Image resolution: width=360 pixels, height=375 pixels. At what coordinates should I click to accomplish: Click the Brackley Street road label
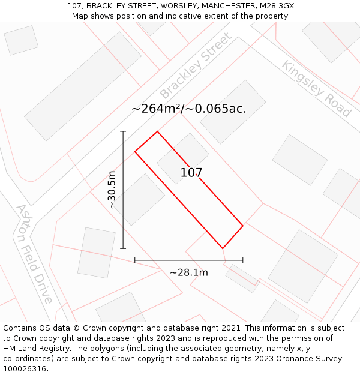(196, 66)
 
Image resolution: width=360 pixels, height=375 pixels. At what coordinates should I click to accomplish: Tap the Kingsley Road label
(316, 89)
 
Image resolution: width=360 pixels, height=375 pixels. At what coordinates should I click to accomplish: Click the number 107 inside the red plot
(191, 173)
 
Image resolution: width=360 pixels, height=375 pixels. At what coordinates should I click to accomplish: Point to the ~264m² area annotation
(188, 109)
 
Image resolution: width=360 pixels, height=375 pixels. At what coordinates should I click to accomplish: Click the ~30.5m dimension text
(112, 190)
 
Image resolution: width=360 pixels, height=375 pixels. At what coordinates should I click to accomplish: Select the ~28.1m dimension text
(189, 272)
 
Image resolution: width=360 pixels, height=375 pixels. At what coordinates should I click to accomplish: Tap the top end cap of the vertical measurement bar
(123, 131)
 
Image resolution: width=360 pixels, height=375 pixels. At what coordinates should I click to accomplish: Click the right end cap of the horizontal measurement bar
(243, 260)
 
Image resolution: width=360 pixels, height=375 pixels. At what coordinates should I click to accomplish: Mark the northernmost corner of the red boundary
(157, 131)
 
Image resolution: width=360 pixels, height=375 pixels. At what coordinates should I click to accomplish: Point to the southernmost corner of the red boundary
(223, 248)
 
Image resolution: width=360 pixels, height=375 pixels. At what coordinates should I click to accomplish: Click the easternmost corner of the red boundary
(243, 226)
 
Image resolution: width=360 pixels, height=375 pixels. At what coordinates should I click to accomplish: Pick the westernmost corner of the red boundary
(135, 152)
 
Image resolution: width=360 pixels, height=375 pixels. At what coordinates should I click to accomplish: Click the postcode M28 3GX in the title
(275, 6)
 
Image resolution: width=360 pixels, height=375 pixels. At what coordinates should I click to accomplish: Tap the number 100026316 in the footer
(24, 369)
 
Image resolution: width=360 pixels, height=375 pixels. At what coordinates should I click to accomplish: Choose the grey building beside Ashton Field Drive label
(96, 253)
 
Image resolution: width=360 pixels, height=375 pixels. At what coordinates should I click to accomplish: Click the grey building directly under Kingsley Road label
(299, 160)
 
